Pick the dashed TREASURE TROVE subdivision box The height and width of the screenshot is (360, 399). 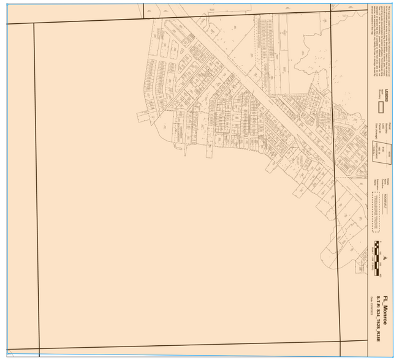click(x=378, y=211)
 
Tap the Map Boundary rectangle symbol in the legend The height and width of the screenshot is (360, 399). click(x=380, y=106)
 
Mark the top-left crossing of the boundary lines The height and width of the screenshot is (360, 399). click(x=34, y=24)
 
